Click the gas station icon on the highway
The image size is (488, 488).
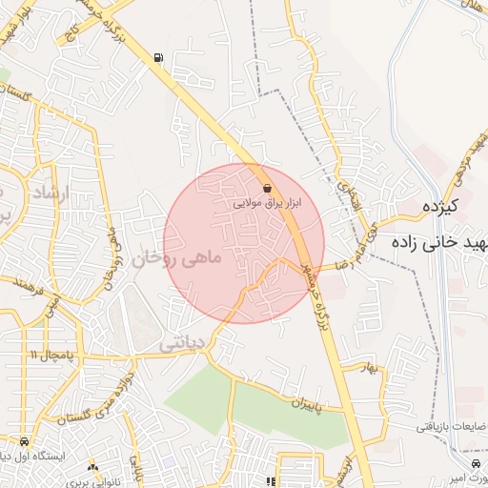157,57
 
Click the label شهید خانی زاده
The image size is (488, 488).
445,244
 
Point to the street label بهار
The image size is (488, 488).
369,369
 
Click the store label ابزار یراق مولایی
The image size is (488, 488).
267,204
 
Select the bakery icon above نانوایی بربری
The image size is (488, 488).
92,466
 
